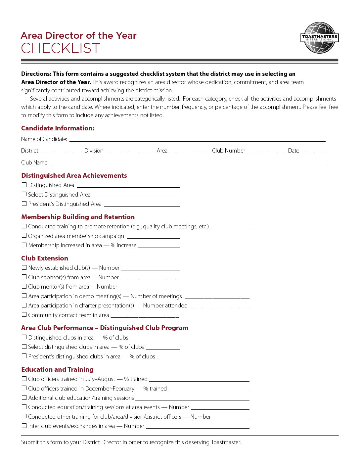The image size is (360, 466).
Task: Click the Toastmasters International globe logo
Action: pyautogui.click(x=320, y=38)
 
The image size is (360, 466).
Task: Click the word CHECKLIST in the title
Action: pyautogui.click(x=60, y=49)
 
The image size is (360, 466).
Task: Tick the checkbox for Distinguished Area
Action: pyautogui.click(x=24, y=185)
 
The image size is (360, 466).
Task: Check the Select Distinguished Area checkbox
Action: pyautogui.click(x=24, y=194)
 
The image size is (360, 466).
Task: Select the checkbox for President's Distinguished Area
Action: pyautogui.click(x=24, y=204)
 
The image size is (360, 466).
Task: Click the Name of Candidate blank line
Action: pyautogui.click(x=197, y=140)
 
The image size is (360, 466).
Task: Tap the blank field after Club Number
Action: pyautogui.click(x=266, y=151)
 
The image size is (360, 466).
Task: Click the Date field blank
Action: pyautogui.click(x=314, y=151)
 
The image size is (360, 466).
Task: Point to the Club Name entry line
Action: pyautogui.click(x=188, y=163)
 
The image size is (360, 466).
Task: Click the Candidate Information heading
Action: pyautogui.click(x=58, y=128)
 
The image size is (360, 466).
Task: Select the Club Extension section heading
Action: pyautogui.click(x=45, y=258)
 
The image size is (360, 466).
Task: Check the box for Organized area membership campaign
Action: pyautogui.click(x=24, y=236)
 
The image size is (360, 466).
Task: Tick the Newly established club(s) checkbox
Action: pyautogui.click(x=24, y=267)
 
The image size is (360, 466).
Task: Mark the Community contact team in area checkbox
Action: pyautogui.click(x=24, y=315)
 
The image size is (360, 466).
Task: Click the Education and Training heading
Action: pyautogui.click(x=57, y=369)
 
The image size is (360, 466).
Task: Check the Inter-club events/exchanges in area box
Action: pyautogui.click(x=24, y=426)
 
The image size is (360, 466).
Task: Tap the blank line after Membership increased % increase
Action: pyautogui.click(x=159, y=246)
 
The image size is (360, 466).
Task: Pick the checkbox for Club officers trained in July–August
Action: pyautogui.click(x=24, y=379)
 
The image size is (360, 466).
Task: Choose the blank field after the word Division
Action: pyautogui.click(x=131, y=151)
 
